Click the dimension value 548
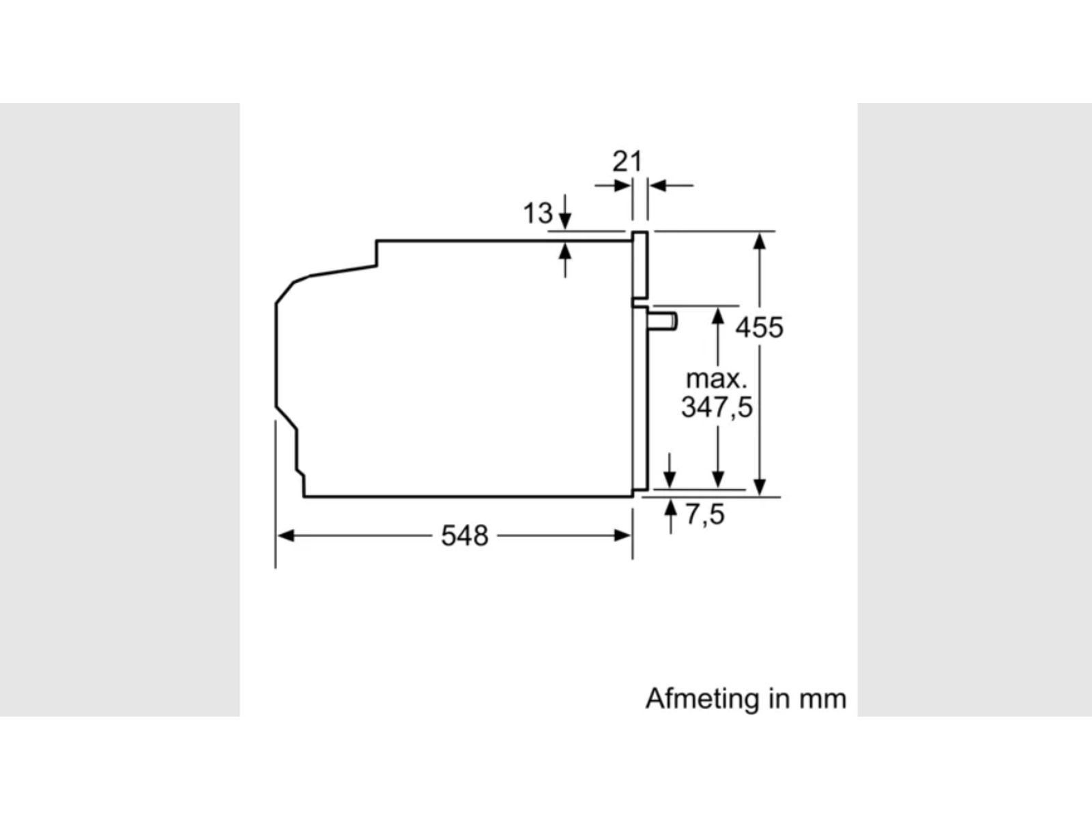(465, 536)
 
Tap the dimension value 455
(759, 328)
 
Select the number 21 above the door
(627, 162)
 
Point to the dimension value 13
(538, 214)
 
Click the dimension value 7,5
(705, 515)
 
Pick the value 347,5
(717, 407)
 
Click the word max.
(717, 379)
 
